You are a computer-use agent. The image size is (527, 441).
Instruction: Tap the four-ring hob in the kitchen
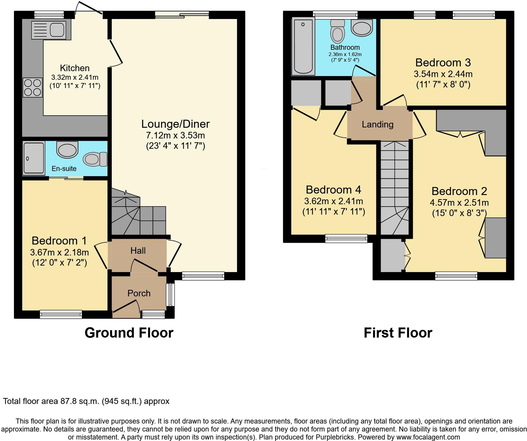(x=33, y=87)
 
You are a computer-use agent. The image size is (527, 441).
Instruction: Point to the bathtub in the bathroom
(x=303, y=47)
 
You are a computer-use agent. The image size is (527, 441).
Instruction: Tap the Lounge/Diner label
(x=175, y=124)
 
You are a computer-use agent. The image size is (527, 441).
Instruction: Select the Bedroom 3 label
(x=443, y=63)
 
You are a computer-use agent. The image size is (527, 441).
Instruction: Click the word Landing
(x=377, y=124)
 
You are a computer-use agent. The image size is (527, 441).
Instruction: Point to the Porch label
(x=139, y=293)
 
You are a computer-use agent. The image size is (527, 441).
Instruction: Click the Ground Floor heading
(x=129, y=333)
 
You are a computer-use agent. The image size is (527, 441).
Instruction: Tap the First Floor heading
(x=398, y=333)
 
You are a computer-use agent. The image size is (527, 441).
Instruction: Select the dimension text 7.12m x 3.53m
(x=175, y=135)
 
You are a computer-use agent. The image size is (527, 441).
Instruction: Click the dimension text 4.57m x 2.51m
(x=459, y=203)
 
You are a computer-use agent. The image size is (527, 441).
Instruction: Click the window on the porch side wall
(x=170, y=295)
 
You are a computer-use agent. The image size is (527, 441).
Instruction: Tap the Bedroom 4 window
(x=346, y=238)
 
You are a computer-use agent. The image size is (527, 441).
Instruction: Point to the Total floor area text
(x=86, y=401)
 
